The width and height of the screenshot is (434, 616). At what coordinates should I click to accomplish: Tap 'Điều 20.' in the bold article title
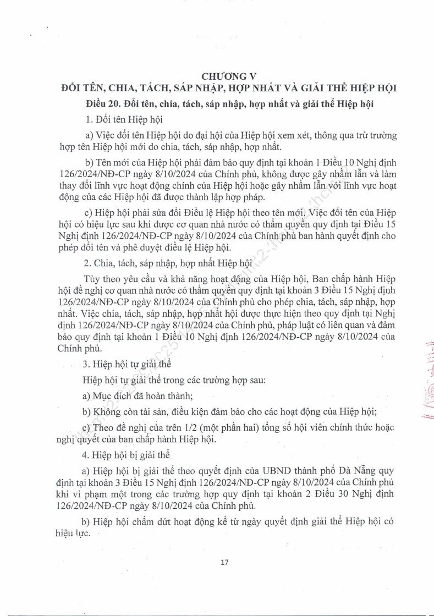[x=103, y=103]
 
